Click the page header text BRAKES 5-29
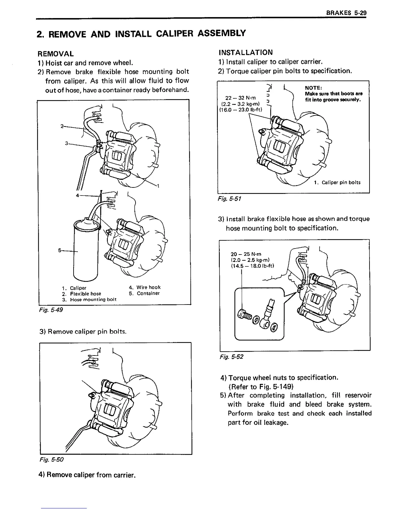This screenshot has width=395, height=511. pos(347,14)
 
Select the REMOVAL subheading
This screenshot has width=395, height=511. pos(56,54)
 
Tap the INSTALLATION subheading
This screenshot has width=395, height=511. pos(245,52)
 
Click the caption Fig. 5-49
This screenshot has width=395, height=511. pos(50,310)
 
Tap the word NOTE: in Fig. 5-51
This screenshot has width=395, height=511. pos(312,87)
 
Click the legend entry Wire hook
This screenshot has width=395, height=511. pos(148,287)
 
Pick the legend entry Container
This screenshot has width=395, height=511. pos(148,293)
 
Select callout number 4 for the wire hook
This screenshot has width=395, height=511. pos(77,195)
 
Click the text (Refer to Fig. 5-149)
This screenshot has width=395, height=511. pos(261,386)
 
